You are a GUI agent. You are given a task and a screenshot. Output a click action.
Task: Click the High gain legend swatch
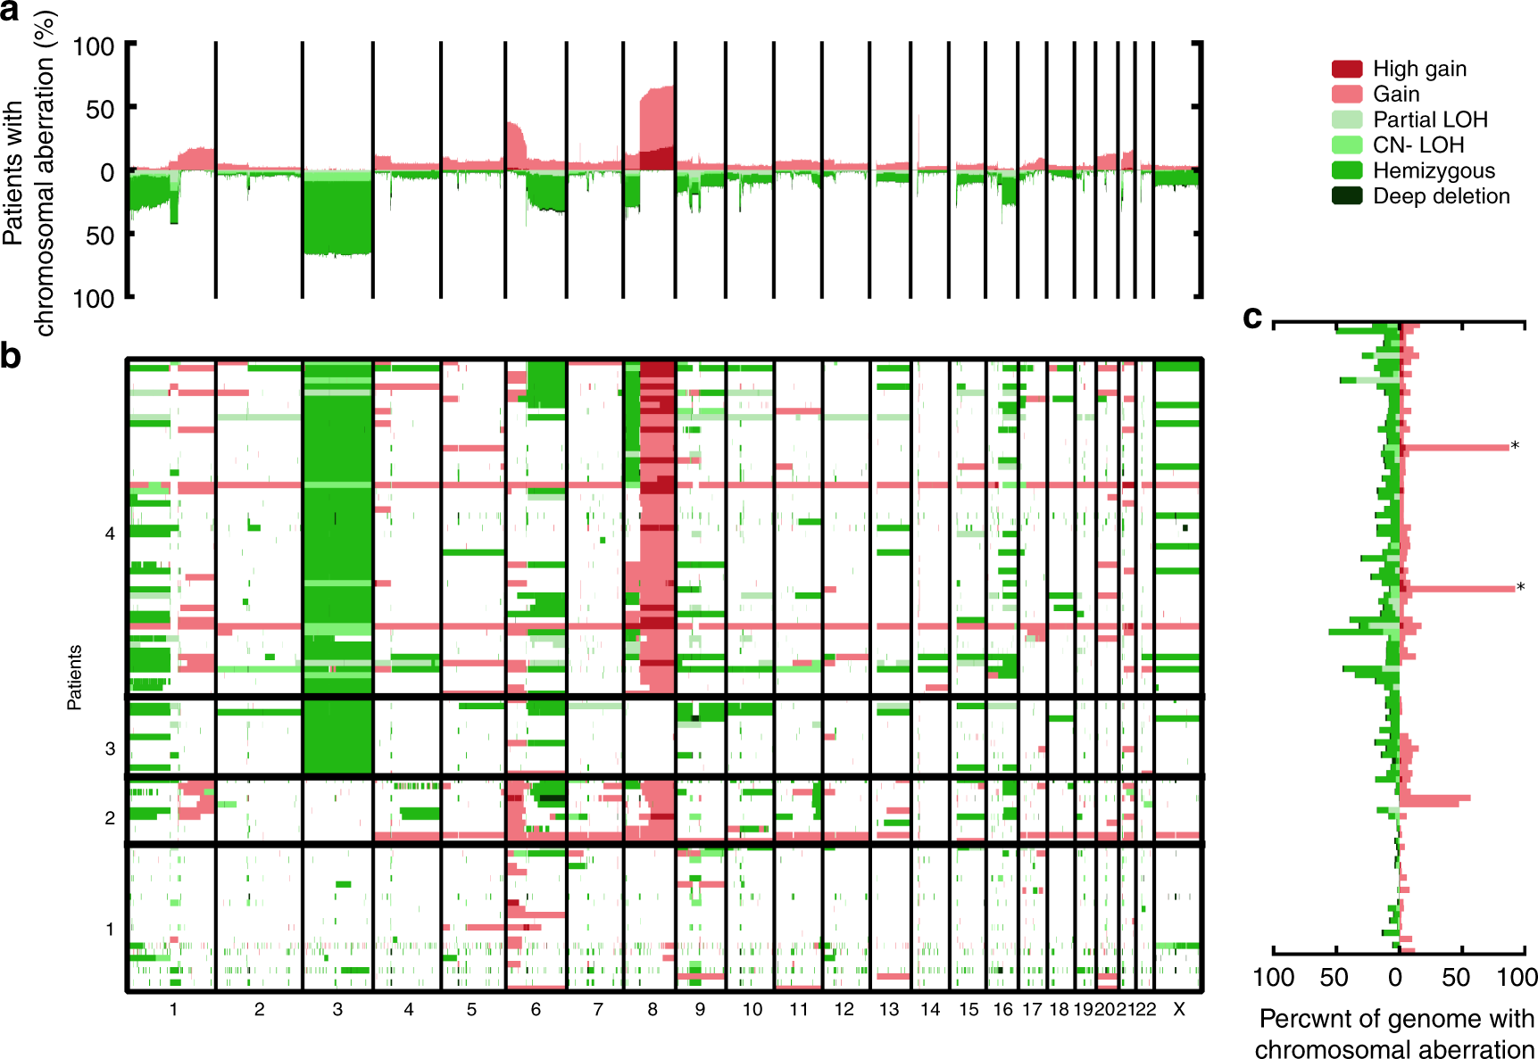1346,69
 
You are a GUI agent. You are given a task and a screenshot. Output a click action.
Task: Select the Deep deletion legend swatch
1346,196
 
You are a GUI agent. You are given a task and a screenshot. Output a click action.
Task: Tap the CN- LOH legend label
1418,145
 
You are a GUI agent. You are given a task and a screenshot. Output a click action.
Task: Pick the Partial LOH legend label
1430,120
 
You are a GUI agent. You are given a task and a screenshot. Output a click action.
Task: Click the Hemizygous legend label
1434,170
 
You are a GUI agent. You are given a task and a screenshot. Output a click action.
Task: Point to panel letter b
10,356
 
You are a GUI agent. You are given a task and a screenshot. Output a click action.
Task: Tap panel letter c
1252,317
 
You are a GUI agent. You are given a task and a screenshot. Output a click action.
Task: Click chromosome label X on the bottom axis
1178,1009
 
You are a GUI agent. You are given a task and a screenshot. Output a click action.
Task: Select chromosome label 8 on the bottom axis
653,1009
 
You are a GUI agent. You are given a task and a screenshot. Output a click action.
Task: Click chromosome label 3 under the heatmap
337,1009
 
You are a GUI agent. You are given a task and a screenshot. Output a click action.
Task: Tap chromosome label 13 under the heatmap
889,1009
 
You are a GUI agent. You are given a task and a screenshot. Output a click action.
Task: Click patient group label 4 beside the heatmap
110,534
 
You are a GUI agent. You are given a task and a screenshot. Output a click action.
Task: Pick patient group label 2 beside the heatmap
110,817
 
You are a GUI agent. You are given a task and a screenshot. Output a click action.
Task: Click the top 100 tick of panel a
94,46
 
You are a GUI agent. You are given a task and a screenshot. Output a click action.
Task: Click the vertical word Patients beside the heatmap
74,677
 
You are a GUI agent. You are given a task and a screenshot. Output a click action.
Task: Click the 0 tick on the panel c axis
1395,978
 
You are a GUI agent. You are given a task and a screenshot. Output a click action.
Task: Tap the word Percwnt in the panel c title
1305,1019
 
